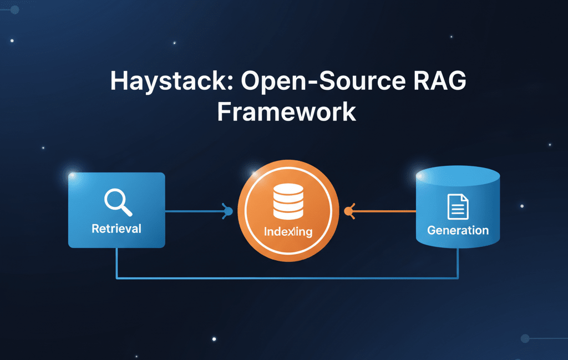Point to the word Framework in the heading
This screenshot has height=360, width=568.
(x=286, y=111)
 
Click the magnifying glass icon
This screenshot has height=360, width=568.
(x=118, y=202)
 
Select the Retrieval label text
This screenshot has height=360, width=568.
(x=116, y=229)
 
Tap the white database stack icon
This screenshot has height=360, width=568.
(x=288, y=202)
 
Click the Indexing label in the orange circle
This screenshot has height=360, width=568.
(x=288, y=232)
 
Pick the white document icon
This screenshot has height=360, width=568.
(x=458, y=206)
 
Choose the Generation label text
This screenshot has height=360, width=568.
(x=458, y=230)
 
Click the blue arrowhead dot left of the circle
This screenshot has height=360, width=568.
(x=227, y=211)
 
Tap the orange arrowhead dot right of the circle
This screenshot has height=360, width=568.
(x=349, y=211)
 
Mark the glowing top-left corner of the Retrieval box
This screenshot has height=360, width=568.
(x=70, y=175)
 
